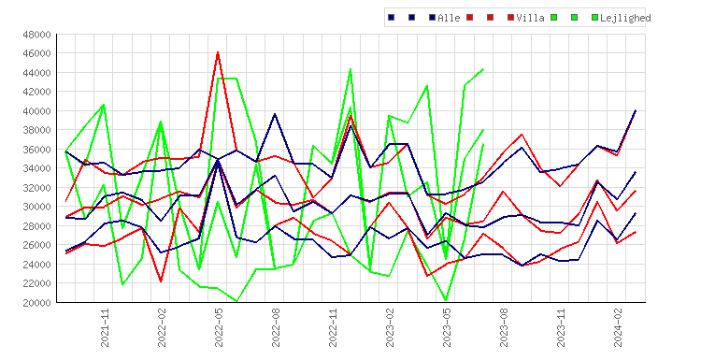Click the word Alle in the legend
[449, 18]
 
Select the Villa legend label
[530, 18]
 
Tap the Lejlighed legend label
[625, 18]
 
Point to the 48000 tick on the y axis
[36, 35]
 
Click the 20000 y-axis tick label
[36, 303]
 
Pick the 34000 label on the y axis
[36, 168]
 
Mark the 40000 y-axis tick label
[36, 111]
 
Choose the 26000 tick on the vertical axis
[36, 245]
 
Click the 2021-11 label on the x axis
[105, 327]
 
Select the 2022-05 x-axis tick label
[219, 327]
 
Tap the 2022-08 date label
[276, 327]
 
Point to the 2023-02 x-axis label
[390, 327]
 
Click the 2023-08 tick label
[504, 327]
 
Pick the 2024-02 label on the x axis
[618, 327]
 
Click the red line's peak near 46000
[218, 52]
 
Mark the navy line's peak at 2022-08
[275, 114]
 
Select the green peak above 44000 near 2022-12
[350, 69]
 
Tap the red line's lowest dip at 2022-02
[161, 281]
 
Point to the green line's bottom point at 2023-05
[446, 300]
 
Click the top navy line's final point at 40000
[636, 110]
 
